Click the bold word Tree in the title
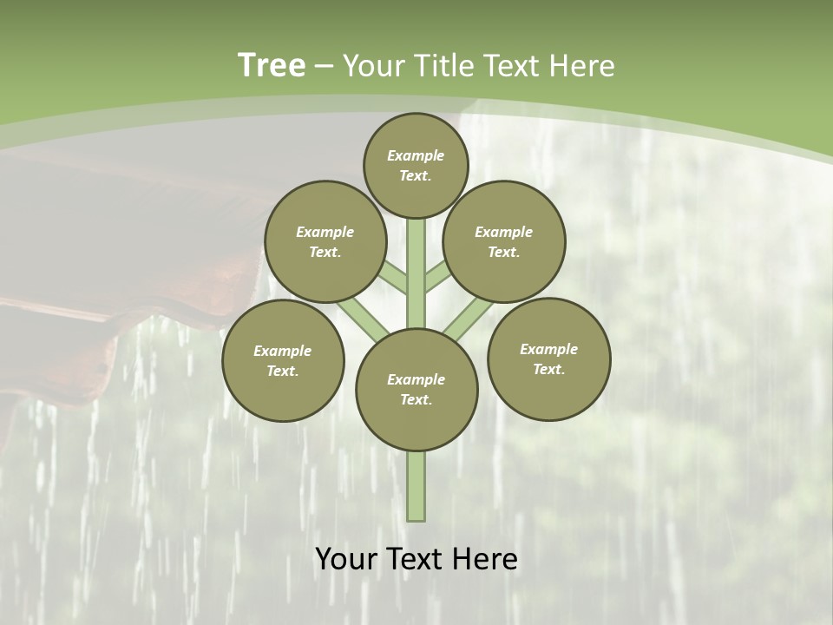[x=271, y=65]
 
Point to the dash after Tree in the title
[x=324, y=67]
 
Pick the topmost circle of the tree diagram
[x=416, y=165]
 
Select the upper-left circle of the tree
[x=325, y=241]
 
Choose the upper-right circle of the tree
[x=504, y=241]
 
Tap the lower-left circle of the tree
[x=283, y=360]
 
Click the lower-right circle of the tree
[x=548, y=359]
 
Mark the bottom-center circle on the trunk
[x=416, y=390]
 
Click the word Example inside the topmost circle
[x=416, y=155]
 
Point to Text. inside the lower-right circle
[x=548, y=369]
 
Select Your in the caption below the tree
[x=345, y=559]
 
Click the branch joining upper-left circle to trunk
[x=392, y=277]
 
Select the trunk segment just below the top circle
[x=416, y=243]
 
